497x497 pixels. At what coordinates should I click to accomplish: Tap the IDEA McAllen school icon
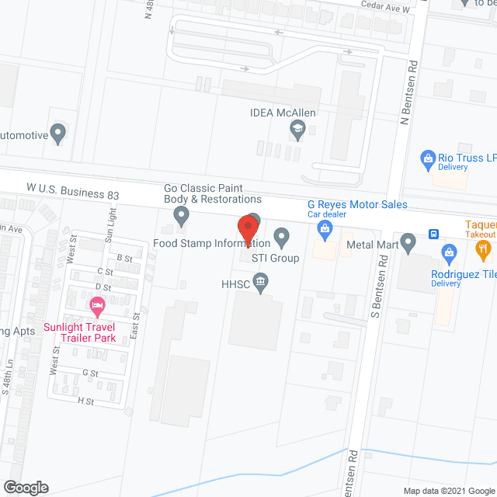[x=297, y=130]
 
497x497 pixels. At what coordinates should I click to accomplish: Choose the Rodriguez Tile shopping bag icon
[x=449, y=252]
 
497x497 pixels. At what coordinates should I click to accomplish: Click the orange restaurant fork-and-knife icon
[x=483, y=249]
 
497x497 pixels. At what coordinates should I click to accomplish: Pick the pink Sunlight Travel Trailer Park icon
[x=97, y=305]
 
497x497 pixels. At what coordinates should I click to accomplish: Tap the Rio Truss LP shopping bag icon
[x=426, y=160]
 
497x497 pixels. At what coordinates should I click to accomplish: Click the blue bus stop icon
[x=434, y=234]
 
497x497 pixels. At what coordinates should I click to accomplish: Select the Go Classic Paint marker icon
[x=182, y=215]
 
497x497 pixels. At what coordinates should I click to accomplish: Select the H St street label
[x=85, y=401]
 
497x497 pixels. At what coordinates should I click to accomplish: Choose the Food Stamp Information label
[x=211, y=243]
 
